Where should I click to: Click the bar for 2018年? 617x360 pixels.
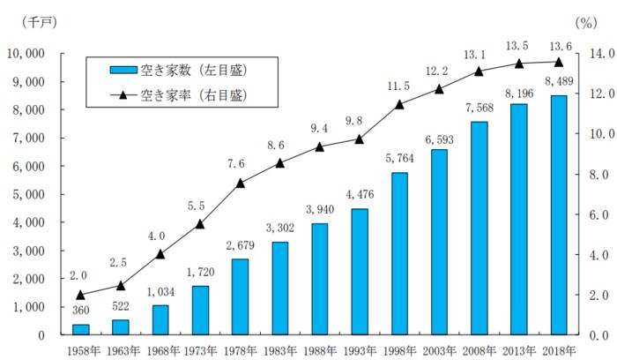pos(559,215)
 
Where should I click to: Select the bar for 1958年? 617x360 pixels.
pos(80,329)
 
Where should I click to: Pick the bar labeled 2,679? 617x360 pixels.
pos(240,297)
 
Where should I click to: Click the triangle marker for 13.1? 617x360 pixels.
pos(479,71)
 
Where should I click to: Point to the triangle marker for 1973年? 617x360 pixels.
pos(200,224)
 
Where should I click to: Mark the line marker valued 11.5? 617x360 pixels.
pos(399,104)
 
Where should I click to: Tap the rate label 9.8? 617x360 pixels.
pos(360,121)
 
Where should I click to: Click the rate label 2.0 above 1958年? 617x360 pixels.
pos(80,275)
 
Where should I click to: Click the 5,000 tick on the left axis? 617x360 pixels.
pos(32,194)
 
